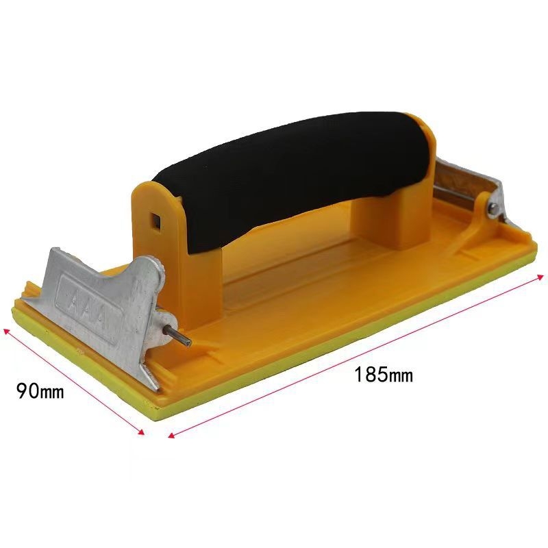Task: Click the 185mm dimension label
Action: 384,375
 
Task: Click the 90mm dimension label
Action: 40,391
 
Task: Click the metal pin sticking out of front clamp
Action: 179,336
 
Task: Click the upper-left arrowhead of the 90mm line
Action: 5,330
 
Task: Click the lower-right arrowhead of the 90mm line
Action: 142,433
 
